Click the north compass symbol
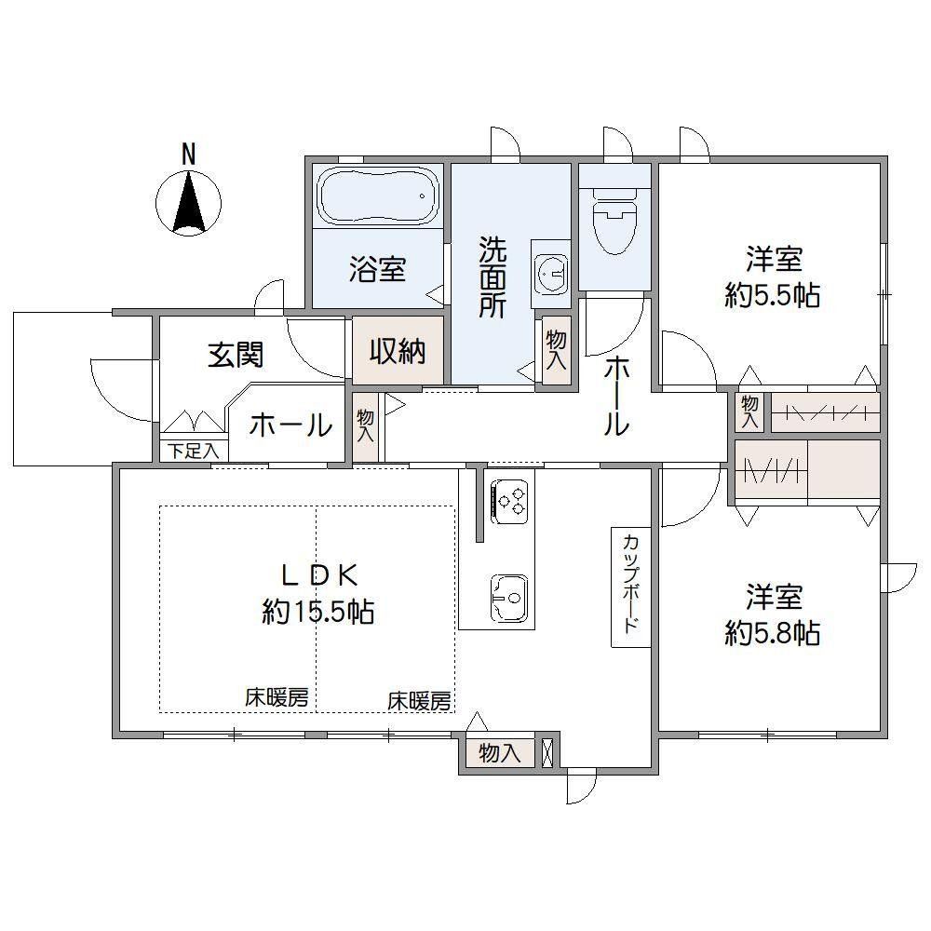188,202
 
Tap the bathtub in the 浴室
379,196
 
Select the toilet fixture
614,221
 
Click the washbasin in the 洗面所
550,273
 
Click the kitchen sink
508,598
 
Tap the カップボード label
631,585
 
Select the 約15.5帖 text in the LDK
317,612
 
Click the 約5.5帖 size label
773,295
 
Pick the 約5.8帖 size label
773,633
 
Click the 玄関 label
236,355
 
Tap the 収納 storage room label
398,352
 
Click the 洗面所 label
493,277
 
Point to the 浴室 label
377,269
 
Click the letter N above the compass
188,155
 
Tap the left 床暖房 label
277,698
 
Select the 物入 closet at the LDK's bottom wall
500,753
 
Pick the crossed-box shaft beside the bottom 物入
547,752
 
